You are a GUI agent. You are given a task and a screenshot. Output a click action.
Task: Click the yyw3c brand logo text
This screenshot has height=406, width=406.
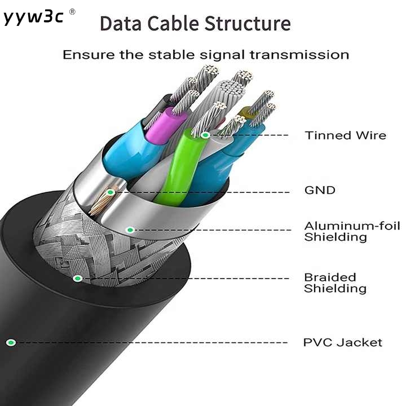tap(33, 17)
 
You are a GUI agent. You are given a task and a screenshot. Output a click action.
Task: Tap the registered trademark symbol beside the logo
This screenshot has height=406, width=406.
tap(72, 12)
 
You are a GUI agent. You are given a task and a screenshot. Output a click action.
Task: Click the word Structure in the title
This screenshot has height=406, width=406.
tap(248, 24)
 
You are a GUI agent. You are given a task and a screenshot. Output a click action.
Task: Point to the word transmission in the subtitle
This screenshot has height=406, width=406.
tap(299, 55)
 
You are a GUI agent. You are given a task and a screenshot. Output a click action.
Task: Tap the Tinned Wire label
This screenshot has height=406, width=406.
tap(346, 135)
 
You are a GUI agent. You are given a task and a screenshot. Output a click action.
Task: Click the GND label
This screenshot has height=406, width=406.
tap(320, 191)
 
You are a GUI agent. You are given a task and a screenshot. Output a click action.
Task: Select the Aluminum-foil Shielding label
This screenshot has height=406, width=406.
tap(352, 232)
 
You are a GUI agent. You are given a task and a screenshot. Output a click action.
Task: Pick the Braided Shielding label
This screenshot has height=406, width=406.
tap(335, 283)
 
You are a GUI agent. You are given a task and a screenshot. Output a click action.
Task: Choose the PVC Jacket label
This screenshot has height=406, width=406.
tap(343, 343)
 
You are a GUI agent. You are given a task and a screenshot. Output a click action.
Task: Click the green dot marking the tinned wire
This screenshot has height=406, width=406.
tap(205, 135)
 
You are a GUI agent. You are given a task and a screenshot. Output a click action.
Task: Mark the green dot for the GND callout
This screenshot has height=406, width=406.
tap(111, 192)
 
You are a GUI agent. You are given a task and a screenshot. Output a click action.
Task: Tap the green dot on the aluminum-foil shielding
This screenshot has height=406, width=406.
tap(130, 230)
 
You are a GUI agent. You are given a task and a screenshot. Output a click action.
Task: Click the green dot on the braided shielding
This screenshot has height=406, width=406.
tap(77, 279)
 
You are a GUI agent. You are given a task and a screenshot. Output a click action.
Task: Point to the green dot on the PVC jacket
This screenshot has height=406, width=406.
tap(11, 343)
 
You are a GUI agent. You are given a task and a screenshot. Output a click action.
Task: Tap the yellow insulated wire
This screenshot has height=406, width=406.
tap(245, 113)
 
